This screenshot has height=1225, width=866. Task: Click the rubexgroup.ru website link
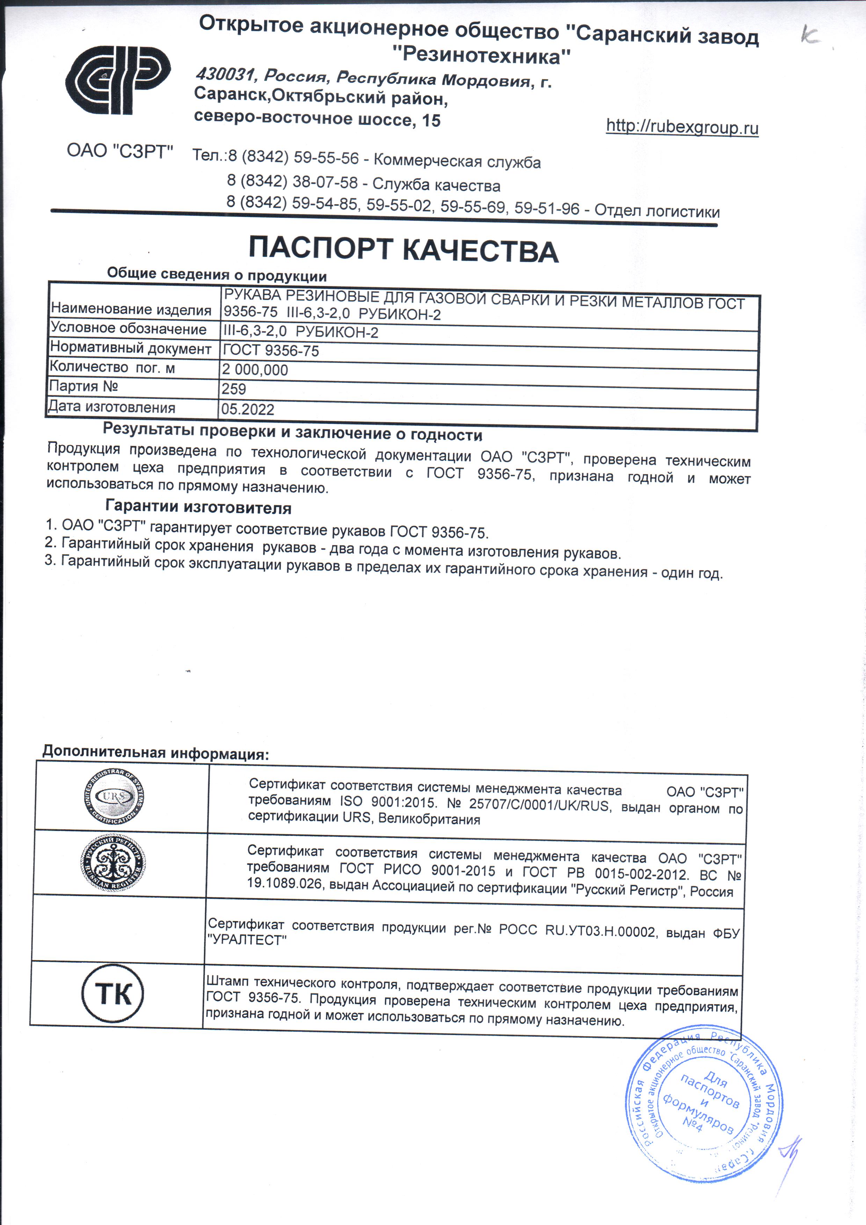(x=682, y=127)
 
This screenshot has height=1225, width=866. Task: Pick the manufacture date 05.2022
(x=248, y=409)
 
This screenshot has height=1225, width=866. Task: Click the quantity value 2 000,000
(x=255, y=369)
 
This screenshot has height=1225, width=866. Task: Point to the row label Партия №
(x=83, y=386)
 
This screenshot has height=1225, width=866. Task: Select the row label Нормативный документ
(x=130, y=348)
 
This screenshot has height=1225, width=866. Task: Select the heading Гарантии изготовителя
(x=198, y=506)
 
